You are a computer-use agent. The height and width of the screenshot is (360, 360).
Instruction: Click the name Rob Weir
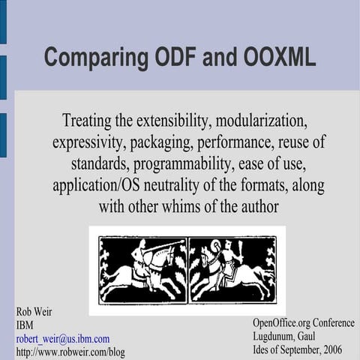[34, 311]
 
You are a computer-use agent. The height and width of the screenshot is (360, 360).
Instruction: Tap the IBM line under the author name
[24, 325]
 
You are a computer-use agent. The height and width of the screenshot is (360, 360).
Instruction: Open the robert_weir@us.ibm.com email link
[63, 338]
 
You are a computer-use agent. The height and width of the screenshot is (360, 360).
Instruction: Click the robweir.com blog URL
[70, 352]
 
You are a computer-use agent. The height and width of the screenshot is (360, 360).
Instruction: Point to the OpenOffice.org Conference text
[303, 322]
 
